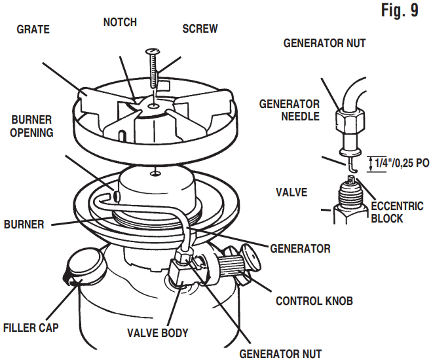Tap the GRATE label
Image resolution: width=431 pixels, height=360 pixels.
coord(33,29)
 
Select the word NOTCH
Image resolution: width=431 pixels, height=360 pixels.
coord(120,22)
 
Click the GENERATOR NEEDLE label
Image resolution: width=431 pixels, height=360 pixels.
coord(290,110)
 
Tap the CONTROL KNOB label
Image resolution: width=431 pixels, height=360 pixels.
coord(315,301)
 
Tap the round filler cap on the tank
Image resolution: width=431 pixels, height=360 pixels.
coord(83,266)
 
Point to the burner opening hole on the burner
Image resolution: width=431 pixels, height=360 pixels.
coord(115,196)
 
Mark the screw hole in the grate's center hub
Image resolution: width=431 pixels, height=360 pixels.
coord(153,105)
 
